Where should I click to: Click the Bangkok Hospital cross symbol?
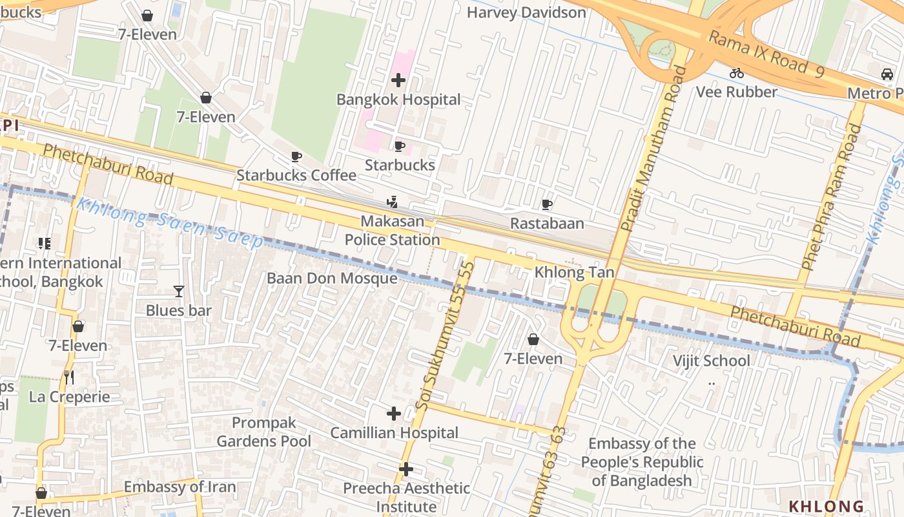pyautogui.click(x=398, y=80)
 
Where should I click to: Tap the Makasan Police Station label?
pyautogui.click(x=392, y=231)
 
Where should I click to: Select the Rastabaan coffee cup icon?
pyautogui.click(x=547, y=205)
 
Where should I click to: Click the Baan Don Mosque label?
pyautogui.click(x=332, y=279)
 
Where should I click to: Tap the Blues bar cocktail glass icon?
pyautogui.click(x=179, y=291)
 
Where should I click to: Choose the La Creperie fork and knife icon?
pyautogui.click(x=70, y=377)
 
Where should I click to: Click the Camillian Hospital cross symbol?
pyautogui.click(x=394, y=414)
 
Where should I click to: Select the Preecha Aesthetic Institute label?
pyautogui.click(x=406, y=497)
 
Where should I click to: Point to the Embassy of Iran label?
pyautogui.click(x=180, y=487)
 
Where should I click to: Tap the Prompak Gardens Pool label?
pyautogui.click(x=263, y=432)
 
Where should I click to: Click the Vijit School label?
pyautogui.click(x=712, y=361)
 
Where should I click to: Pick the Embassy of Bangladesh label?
pyautogui.click(x=642, y=462)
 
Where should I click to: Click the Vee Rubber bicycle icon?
pyautogui.click(x=737, y=73)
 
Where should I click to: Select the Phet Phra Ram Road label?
pyautogui.click(x=832, y=197)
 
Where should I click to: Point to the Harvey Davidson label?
pyautogui.click(x=526, y=12)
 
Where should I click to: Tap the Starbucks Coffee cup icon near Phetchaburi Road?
pyautogui.click(x=296, y=156)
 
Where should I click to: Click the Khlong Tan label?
pyautogui.click(x=574, y=272)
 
